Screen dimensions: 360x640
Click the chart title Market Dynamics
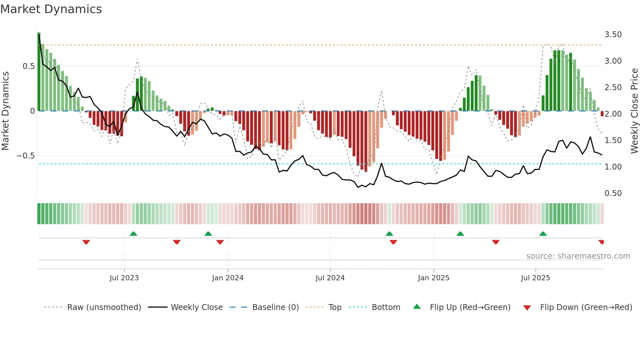coord(51,9)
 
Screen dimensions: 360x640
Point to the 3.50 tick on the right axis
coord(613,35)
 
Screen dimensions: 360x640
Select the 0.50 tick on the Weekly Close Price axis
coord(613,193)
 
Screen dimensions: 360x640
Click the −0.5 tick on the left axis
coord(26,156)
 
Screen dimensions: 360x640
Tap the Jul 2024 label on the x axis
coord(330,278)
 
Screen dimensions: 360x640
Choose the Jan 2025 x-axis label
coord(433,278)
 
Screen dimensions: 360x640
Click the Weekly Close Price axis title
coord(634,111)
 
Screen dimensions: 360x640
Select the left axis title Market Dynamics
coord(5,111)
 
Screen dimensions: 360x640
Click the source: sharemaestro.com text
coord(578,256)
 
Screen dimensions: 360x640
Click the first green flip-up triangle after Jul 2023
coord(133,234)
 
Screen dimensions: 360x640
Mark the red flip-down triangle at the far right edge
coord(601,242)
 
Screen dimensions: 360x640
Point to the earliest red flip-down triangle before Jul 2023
coord(86,242)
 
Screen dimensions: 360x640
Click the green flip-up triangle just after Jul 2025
coord(543,234)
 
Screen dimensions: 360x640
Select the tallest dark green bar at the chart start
coord(39,72)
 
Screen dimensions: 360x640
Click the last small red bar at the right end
coord(602,114)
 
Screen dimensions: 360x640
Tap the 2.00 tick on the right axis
coord(613,114)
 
